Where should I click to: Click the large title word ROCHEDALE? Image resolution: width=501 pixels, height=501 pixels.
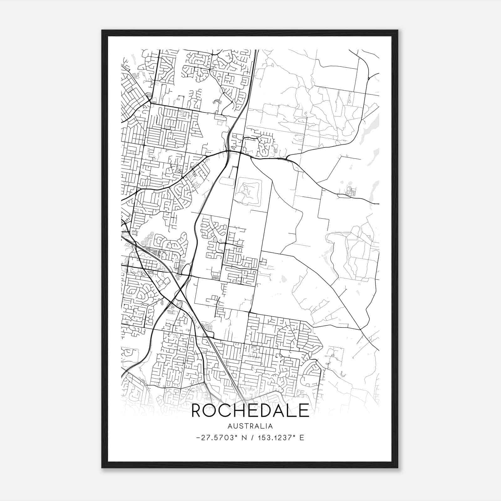pos(250,411)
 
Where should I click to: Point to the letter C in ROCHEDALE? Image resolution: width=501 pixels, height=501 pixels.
pos(226,411)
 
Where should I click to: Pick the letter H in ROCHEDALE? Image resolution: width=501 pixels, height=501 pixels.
pos(240,411)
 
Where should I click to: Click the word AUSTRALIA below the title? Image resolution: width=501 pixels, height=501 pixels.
pos(250,426)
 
